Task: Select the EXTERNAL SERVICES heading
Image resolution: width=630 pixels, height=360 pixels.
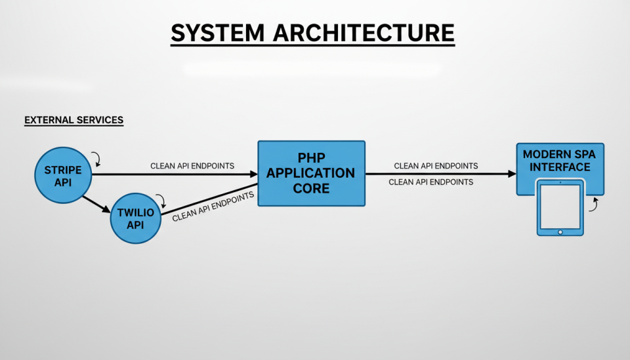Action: pyautogui.click(x=73, y=120)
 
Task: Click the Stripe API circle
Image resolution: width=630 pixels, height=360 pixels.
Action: pyautogui.click(x=63, y=176)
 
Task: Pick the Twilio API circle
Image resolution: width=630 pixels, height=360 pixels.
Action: pyautogui.click(x=135, y=219)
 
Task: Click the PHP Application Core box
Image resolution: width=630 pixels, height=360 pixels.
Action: pyautogui.click(x=310, y=173)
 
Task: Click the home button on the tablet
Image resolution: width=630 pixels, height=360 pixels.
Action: pyautogui.click(x=560, y=231)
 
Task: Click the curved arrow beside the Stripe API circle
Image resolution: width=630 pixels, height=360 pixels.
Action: pyautogui.click(x=96, y=158)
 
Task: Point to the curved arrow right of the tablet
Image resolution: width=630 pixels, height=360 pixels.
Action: pyautogui.click(x=594, y=205)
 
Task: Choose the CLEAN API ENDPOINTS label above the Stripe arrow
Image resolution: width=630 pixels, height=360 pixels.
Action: pyautogui.click(x=192, y=166)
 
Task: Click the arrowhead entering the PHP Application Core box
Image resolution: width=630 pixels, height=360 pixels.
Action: pyautogui.click(x=253, y=174)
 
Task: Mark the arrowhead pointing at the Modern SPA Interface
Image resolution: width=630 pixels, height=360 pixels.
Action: pyautogui.click(x=512, y=174)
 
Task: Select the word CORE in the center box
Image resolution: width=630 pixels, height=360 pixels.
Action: pyautogui.click(x=310, y=188)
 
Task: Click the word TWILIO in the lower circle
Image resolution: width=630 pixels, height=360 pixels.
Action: pyautogui.click(x=135, y=212)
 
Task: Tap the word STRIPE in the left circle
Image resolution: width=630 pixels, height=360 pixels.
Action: pyautogui.click(x=63, y=170)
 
